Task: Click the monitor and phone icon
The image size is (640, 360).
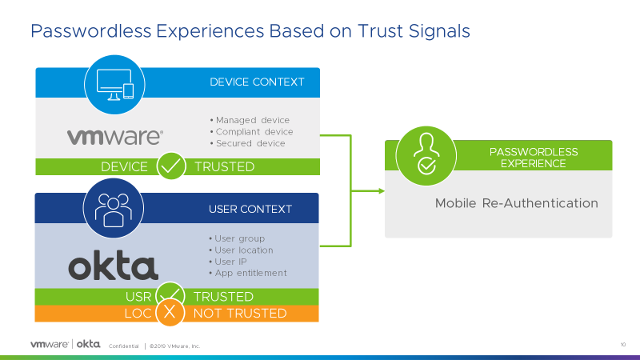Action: (114, 85)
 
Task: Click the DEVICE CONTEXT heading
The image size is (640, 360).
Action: (257, 82)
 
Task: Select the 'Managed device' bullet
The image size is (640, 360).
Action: (250, 120)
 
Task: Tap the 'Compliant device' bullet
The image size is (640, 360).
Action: (251, 132)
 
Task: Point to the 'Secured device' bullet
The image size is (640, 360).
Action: (248, 143)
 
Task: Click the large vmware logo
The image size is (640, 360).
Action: (115, 137)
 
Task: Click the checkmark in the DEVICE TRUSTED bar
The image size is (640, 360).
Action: (171, 166)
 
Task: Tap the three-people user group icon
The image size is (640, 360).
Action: (114, 210)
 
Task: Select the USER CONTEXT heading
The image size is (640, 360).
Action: (250, 209)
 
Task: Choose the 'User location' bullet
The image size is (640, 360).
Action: (241, 250)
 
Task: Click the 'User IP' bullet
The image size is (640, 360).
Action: (228, 262)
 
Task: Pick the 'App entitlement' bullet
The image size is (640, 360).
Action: (248, 273)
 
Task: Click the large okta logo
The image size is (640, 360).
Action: (113, 265)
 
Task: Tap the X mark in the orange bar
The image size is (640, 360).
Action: (170, 312)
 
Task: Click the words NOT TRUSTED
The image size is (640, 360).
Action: (240, 313)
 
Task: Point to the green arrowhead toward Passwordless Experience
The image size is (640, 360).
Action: (382, 190)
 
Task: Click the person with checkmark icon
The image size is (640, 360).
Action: (426, 154)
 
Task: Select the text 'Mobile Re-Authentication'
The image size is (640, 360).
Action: (516, 203)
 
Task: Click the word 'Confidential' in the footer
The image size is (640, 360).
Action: (124, 346)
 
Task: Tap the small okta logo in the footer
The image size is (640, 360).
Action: (89, 344)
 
